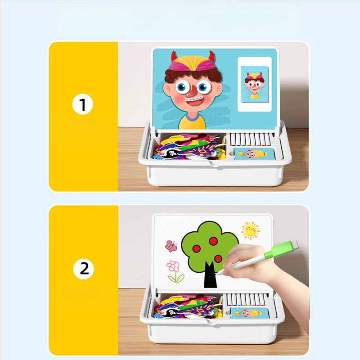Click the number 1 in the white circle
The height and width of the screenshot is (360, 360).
point(82,105)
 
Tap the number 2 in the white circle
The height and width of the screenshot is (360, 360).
point(84,269)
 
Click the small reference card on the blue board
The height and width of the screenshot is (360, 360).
point(255,83)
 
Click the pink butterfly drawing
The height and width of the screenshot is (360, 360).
point(171,246)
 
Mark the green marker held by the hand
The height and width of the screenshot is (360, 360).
point(270,256)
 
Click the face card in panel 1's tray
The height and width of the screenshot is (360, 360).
point(254,153)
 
